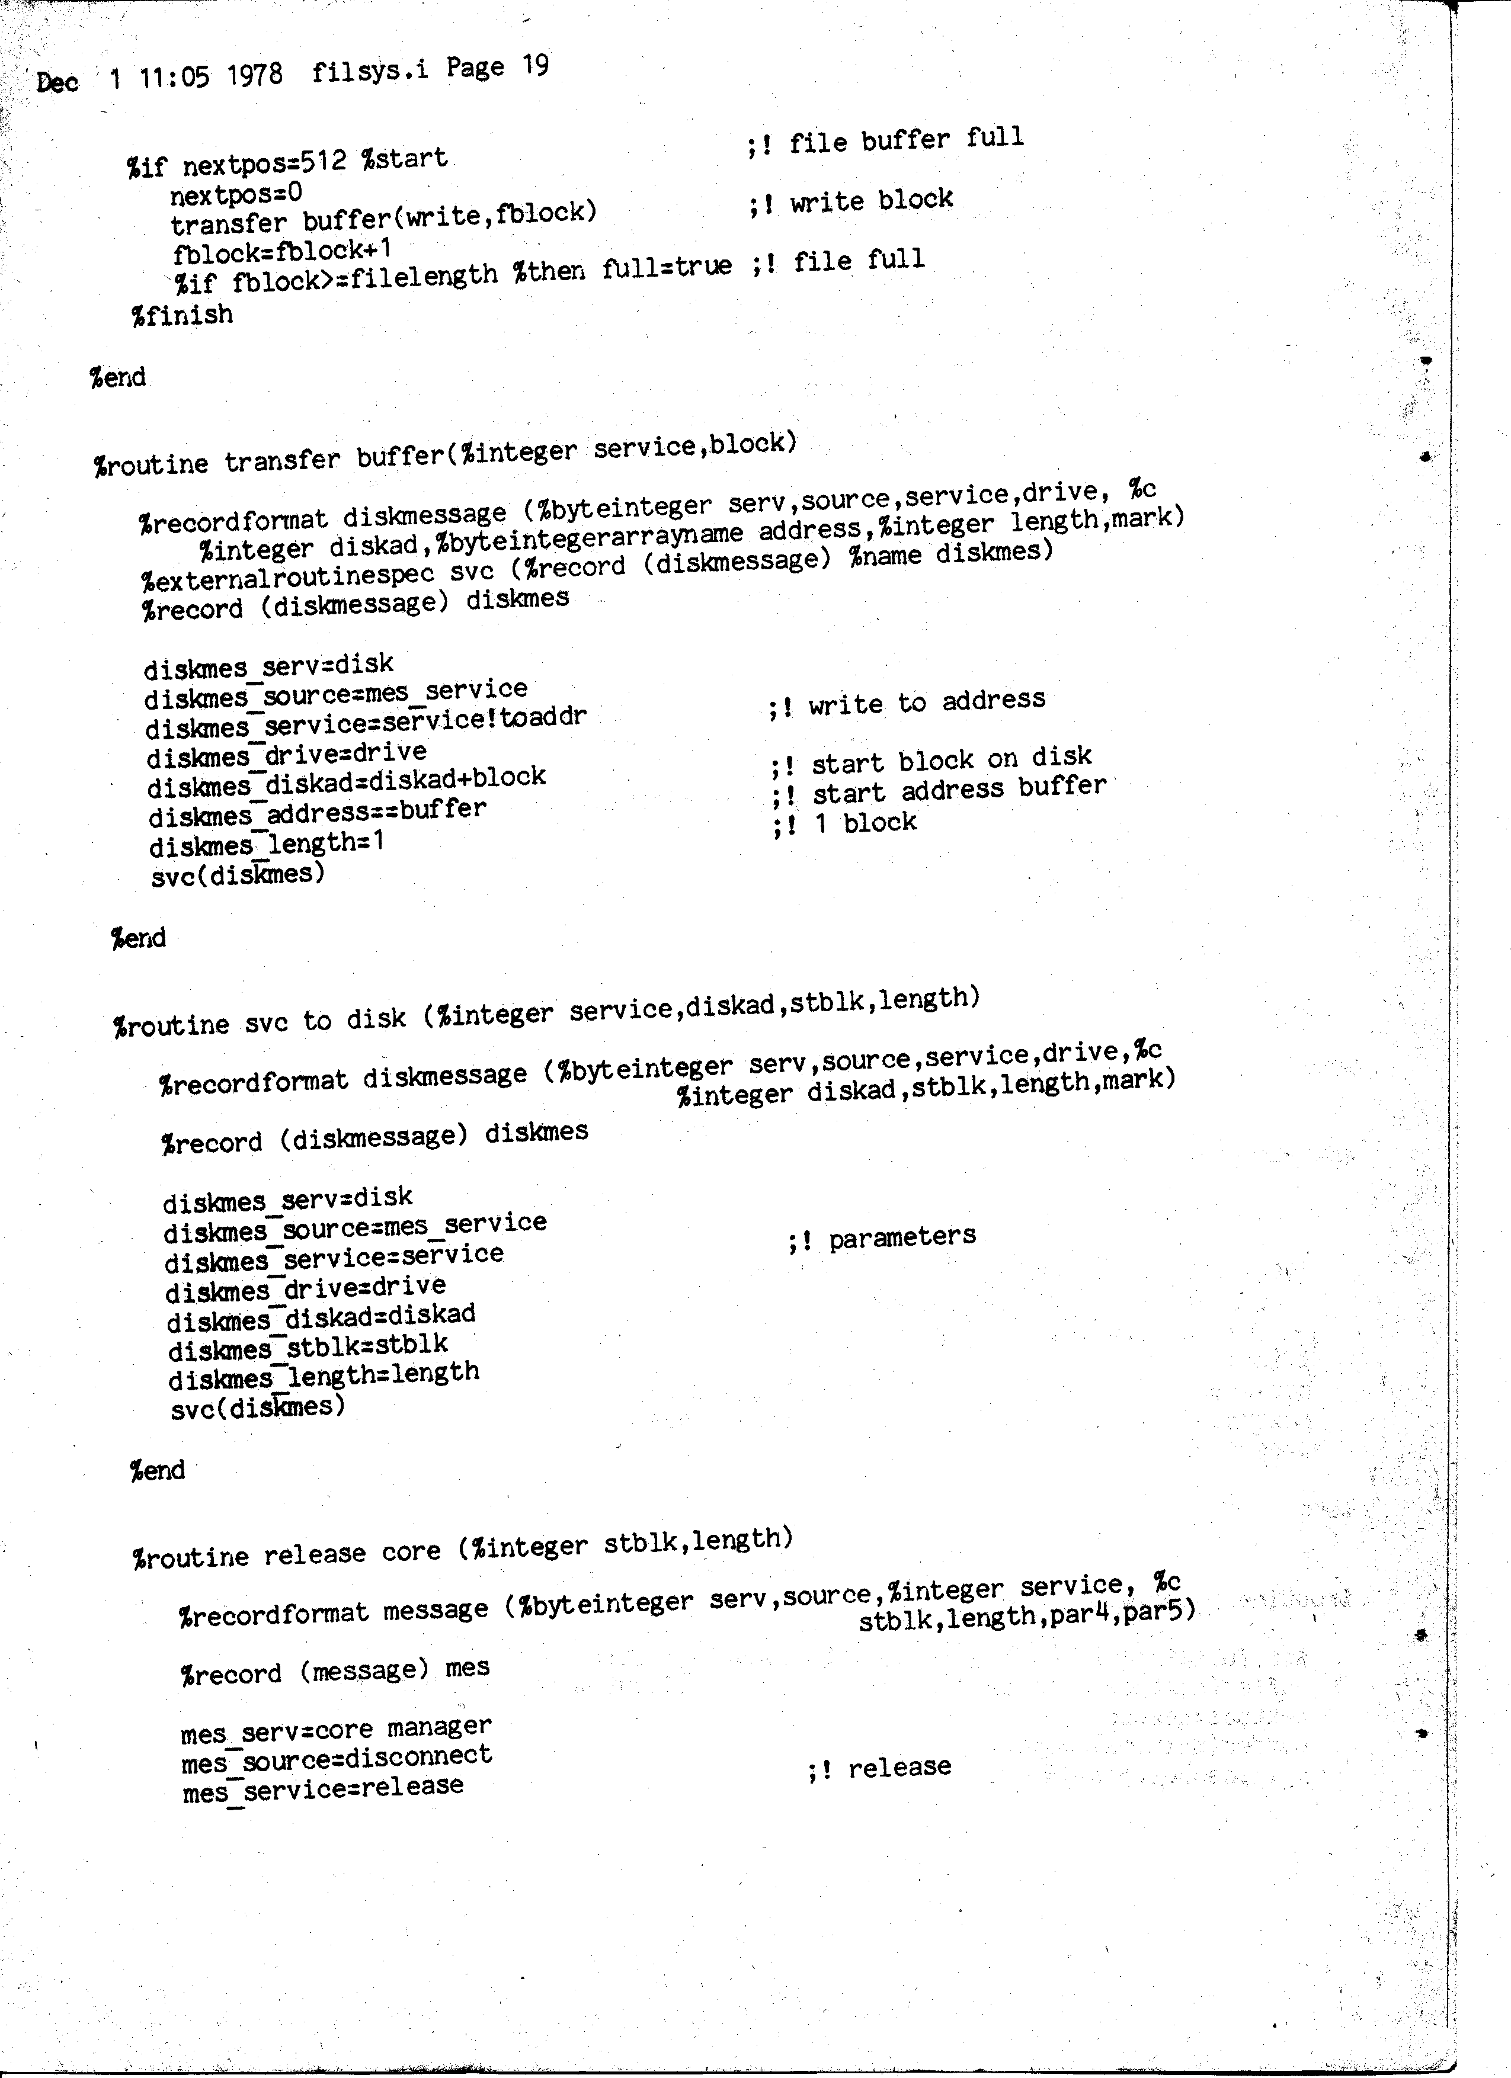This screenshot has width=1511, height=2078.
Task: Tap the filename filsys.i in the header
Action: point(369,70)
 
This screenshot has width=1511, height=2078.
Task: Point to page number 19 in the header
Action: point(535,65)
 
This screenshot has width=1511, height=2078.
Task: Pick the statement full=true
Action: point(667,268)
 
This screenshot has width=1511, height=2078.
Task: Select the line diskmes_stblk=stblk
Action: point(308,1347)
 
